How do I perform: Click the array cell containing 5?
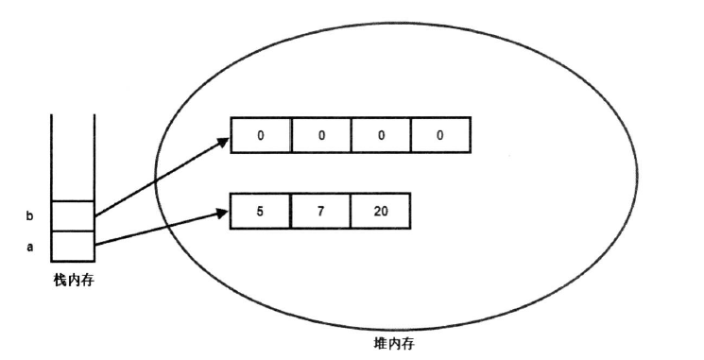(260, 212)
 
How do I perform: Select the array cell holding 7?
(319, 212)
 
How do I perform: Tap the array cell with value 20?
(380, 212)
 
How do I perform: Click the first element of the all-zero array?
(261, 135)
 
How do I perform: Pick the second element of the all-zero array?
(320, 135)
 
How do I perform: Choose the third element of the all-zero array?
(380, 135)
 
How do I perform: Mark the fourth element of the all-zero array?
(439, 135)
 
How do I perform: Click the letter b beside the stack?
(28, 216)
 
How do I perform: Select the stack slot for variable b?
(73, 215)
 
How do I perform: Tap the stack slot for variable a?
(73, 246)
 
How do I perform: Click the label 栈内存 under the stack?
(73, 280)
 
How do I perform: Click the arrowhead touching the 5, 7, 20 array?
(224, 214)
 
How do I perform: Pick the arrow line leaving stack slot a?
(156, 230)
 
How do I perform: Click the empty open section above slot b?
(73, 156)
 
